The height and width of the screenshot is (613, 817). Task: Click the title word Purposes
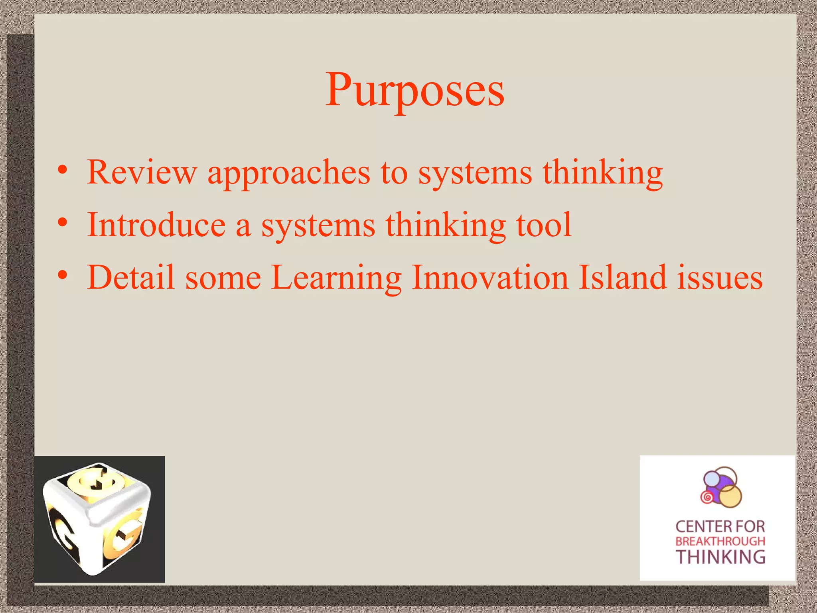(x=415, y=91)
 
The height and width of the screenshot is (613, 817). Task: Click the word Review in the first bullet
(x=142, y=172)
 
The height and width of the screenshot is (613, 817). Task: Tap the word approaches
(x=289, y=173)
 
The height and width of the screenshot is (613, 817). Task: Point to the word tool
(x=544, y=225)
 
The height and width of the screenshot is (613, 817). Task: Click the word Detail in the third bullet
(x=131, y=277)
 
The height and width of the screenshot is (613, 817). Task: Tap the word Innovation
(x=490, y=277)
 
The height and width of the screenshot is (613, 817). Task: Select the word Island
(x=622, y=277)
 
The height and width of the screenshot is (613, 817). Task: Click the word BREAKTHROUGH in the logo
(x=720, y=542)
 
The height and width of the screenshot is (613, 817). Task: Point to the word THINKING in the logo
(x=720, y=557)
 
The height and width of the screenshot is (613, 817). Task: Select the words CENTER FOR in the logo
(x=720, y=527)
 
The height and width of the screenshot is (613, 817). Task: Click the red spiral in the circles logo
(x=707, y=497)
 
